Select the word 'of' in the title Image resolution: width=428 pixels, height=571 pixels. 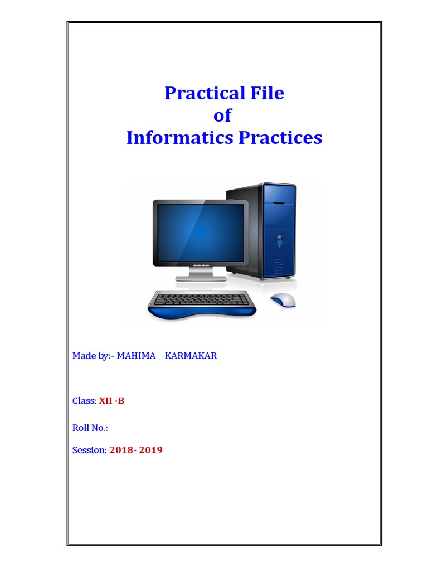[222, 115]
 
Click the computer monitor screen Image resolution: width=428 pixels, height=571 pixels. [201, 233]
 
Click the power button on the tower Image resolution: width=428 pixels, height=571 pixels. [279, 240]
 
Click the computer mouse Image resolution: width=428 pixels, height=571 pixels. [283, 299]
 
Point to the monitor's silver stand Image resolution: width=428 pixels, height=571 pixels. [201, 274]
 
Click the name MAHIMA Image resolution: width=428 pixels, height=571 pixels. [136, 356]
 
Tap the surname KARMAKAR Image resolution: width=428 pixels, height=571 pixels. [191, 356]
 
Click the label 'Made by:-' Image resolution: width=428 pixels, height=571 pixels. [93, 356]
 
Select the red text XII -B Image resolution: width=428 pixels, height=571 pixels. [111, 401]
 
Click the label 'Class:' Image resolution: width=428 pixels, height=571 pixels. [84, 401]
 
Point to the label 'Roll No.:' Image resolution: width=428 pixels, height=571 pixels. [90, 428]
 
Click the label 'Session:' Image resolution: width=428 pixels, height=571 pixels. [89, 450]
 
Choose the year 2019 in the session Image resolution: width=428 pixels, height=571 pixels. [151, 450]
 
